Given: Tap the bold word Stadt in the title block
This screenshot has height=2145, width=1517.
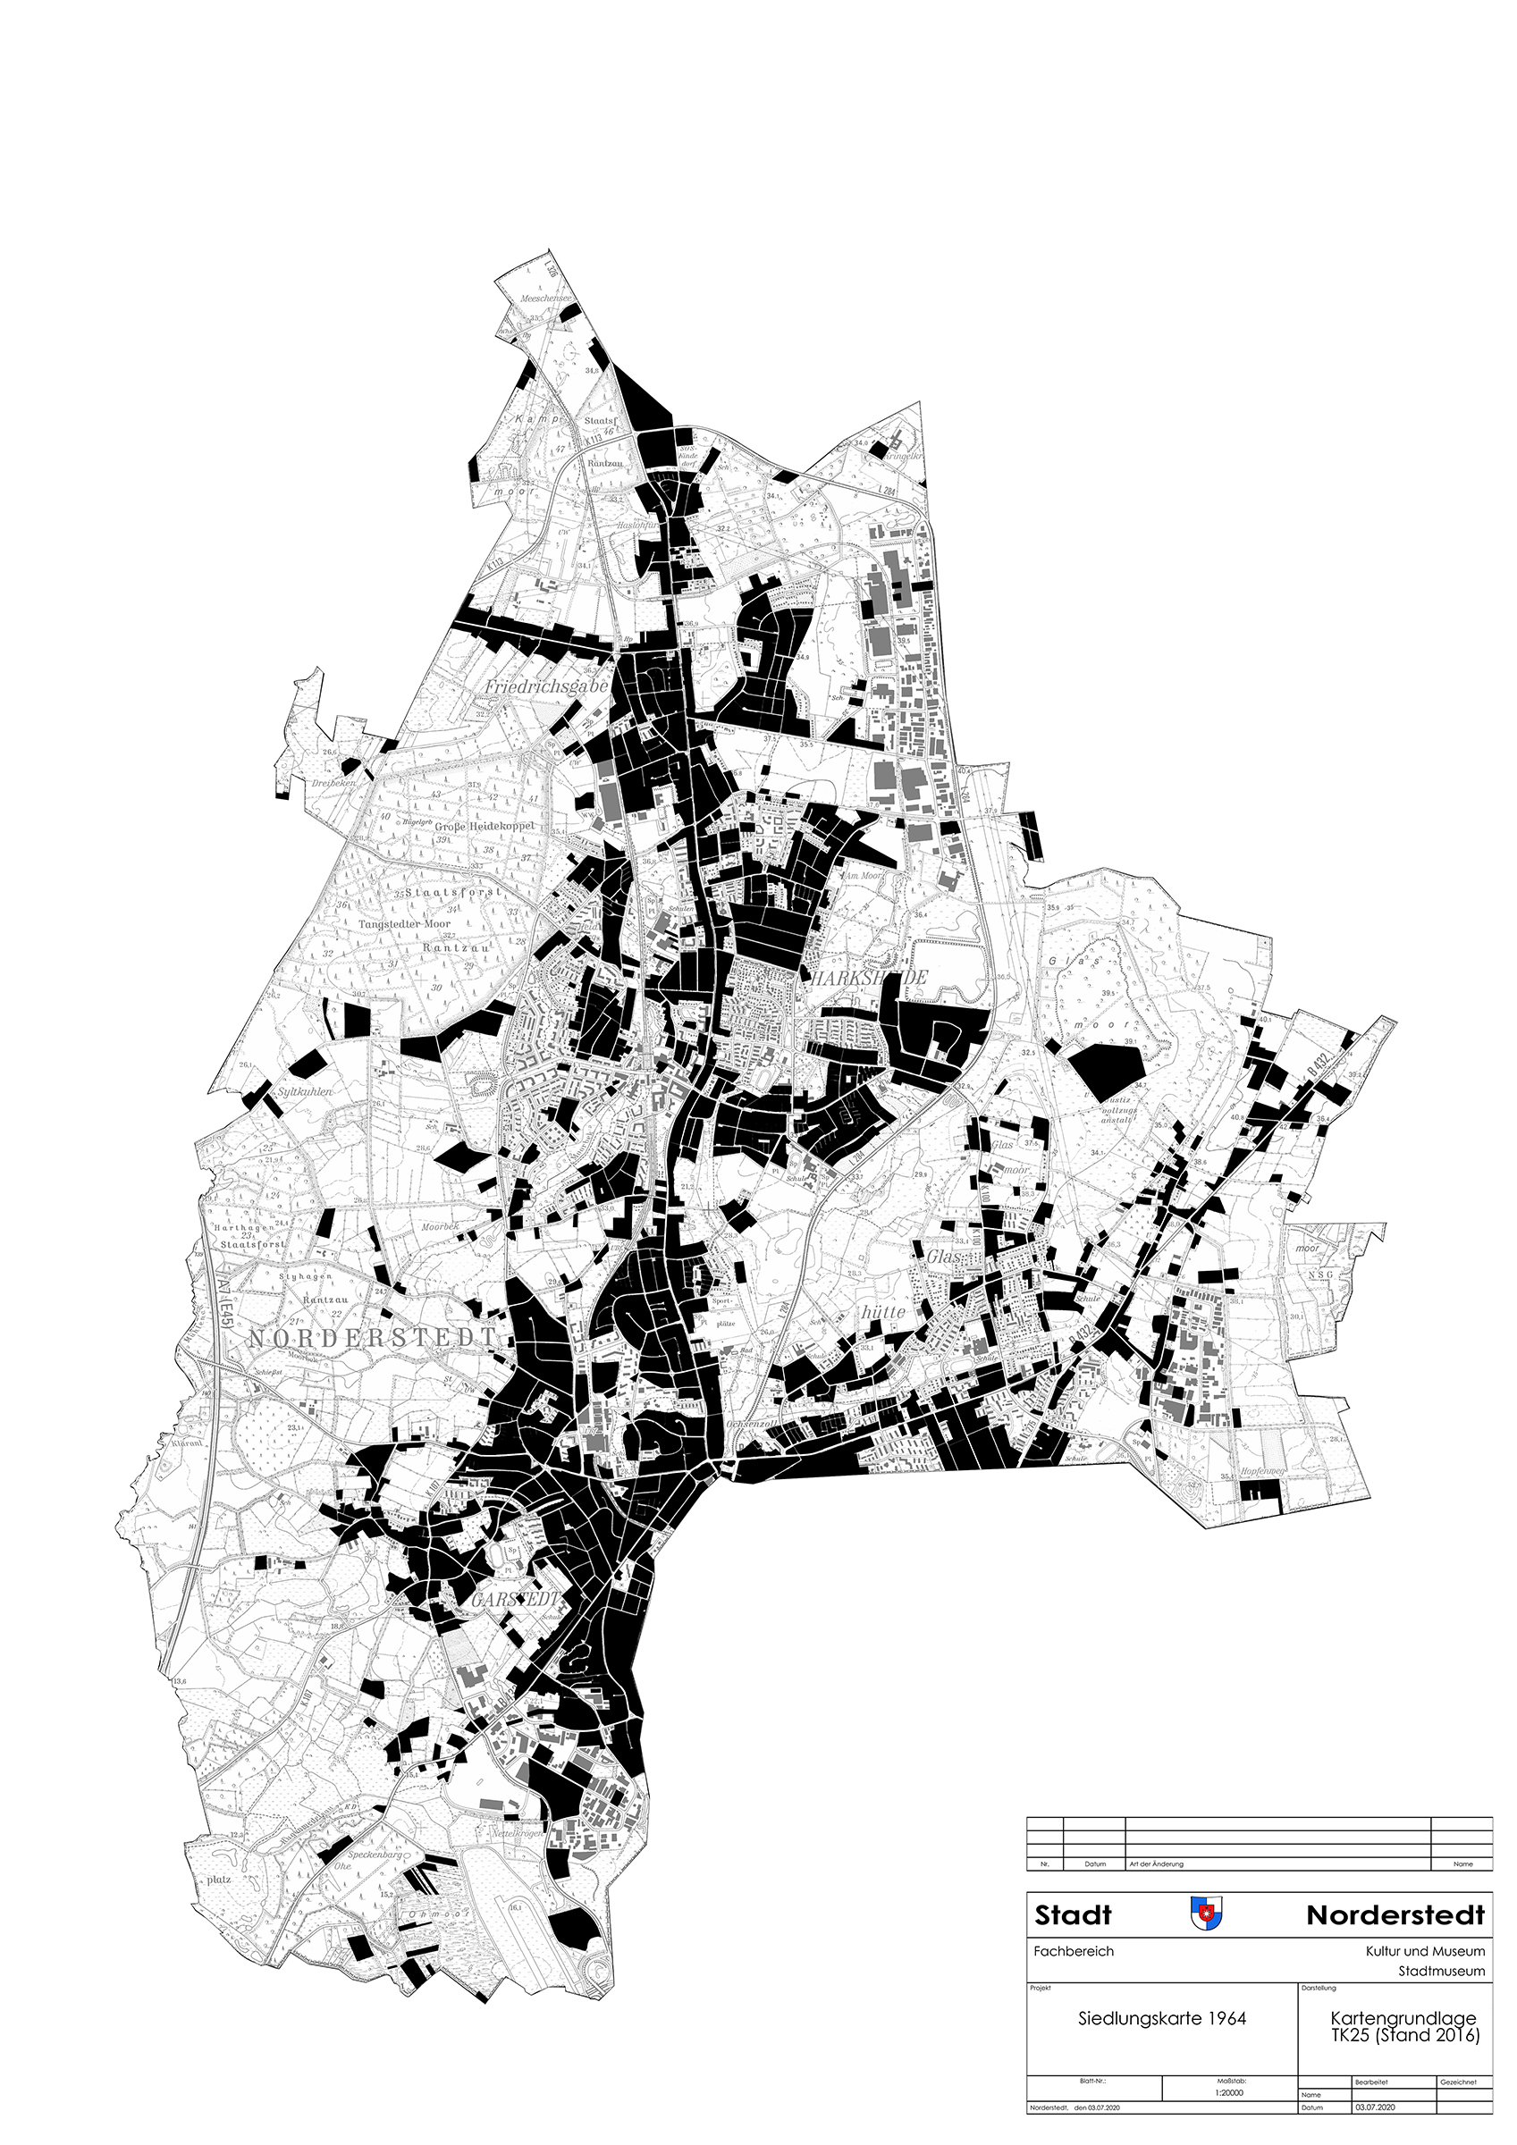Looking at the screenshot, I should click(1073, 1916).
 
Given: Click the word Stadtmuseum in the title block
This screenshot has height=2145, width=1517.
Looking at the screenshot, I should click(1441, 1973).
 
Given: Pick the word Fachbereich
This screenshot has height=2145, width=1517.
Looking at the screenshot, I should click(1073, 1952).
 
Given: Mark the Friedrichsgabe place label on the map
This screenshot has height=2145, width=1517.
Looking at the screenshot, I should click(547, 686).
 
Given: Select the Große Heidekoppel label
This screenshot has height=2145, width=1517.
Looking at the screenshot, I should click(485, 827).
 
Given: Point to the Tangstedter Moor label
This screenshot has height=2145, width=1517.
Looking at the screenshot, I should click(405, 924).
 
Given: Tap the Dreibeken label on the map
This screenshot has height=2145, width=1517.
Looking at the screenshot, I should click(334, 783).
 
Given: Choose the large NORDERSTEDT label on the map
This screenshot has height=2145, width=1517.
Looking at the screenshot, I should click(372, 1339).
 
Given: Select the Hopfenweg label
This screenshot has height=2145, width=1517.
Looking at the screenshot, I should click(1264, 1472).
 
